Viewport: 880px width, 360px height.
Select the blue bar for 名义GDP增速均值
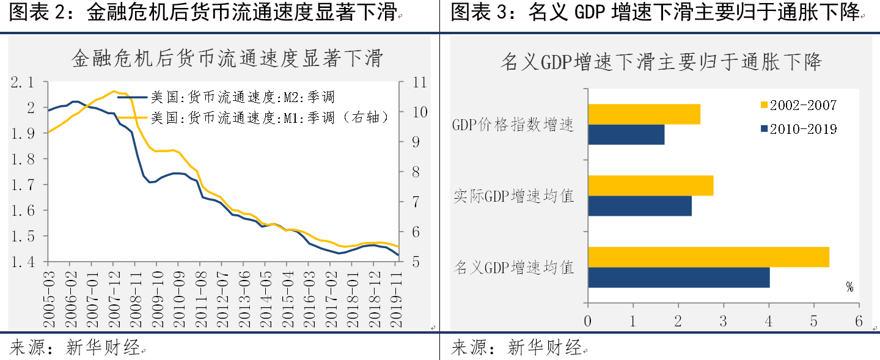pyautogui.click(x=678, y=277)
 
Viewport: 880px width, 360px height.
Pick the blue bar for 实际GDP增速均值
pyautogui.click(x=639, y=206)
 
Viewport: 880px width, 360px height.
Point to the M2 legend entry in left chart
pyautogui.click(x=242, y=97)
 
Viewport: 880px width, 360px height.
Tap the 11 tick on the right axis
pyautogui.click(x=411, y=82)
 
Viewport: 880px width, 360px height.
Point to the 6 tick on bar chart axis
pyautogui.click(x=859, y=321)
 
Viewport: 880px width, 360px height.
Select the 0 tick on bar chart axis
pyautogui.click(x=588, y=321)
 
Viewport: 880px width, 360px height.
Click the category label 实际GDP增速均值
pyautogui.click(x=514, y=196)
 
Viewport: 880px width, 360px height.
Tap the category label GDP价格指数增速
pyautogui.click(x=513, y=125)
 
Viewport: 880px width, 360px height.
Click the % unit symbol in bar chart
pyautogui.click(x=849, y=287)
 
